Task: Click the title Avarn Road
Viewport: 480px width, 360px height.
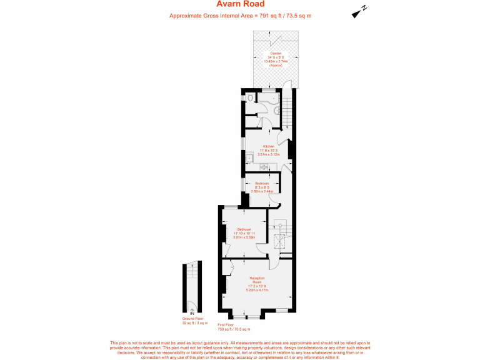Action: pos(239,4)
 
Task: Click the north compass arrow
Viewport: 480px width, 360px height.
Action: pos(359,11)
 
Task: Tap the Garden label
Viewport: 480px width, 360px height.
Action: pos(275,54)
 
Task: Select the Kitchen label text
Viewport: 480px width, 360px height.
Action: pos(269,146)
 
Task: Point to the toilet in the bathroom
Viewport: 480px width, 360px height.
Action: pos(251,98)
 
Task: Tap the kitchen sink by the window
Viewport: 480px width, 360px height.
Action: pos(264,167)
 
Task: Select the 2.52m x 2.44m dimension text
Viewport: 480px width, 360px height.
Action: pos(262,191)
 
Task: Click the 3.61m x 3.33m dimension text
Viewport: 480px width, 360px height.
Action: pos(244,237)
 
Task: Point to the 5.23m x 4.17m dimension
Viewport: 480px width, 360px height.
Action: pos(257,289)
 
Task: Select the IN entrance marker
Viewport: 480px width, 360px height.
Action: pos(192,312)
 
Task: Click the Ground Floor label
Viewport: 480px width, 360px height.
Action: pos(193,319)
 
